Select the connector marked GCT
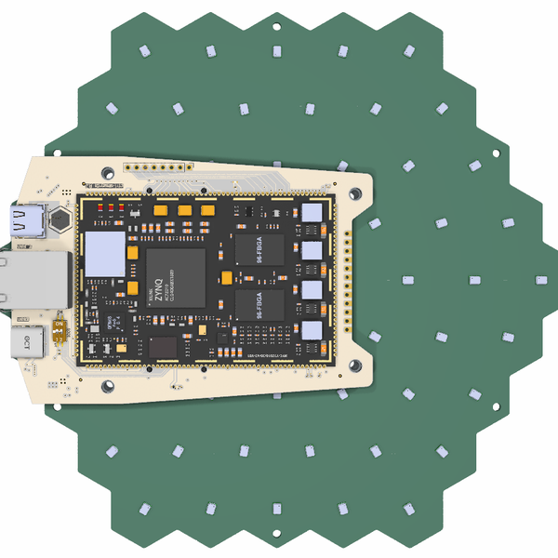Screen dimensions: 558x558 [28, 342]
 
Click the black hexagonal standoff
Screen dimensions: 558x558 [60, 221]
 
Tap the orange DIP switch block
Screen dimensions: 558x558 [61, 332]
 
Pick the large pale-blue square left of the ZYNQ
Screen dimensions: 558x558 [104, 253]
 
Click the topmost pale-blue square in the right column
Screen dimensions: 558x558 [311, 213]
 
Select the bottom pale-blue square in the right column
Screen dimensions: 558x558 [311, 330]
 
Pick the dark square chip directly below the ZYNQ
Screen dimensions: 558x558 [163, 348]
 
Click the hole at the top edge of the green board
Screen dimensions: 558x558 [278, 27]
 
